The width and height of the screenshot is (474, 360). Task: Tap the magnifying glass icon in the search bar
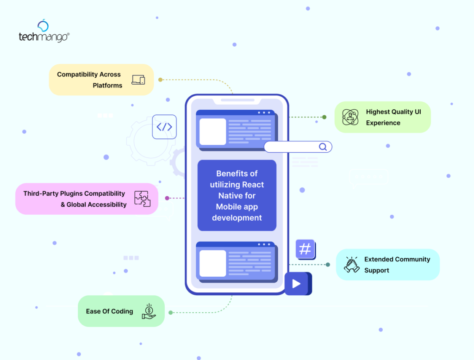click(x=323, y=147)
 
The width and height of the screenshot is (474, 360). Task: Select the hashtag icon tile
click(x=305, y=249)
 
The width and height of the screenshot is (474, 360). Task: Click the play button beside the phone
click(x=296, y=283)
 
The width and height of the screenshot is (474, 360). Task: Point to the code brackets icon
click(x=164, y=127)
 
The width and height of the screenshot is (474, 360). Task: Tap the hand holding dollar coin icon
click(x=149, y=311)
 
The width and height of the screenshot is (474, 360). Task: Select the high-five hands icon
click(x=352, y=265)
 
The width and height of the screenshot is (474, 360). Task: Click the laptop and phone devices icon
click(x=138, y=80)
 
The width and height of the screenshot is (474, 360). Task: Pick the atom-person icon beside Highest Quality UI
click(x=350, y=117)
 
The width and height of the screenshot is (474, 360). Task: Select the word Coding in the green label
click(x=122, y=311)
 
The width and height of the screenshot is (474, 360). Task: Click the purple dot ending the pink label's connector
click(x=167, y=198)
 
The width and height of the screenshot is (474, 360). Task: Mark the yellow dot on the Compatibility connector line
click(x=160, y=80)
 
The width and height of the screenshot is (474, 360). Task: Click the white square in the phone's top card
click(x=212, y=132)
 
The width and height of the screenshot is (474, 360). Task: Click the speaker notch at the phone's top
click(x=237, y=100)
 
